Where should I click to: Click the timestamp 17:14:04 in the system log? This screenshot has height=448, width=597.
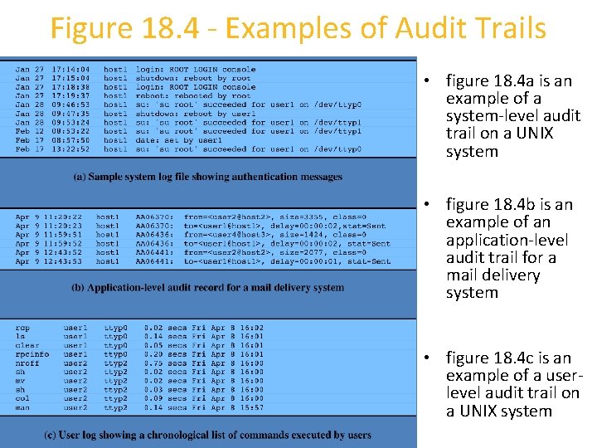tap(72, 69)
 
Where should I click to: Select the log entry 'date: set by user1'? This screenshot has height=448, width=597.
tap(175, 140)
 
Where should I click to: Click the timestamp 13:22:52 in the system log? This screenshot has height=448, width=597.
tap(72, 149)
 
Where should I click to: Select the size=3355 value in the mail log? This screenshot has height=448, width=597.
tap(281, 217)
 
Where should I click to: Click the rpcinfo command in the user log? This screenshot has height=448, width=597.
tap(32, 354)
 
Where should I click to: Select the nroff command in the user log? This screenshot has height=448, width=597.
tap(28, 363)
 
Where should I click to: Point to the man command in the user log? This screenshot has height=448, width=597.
tap(22, 407)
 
